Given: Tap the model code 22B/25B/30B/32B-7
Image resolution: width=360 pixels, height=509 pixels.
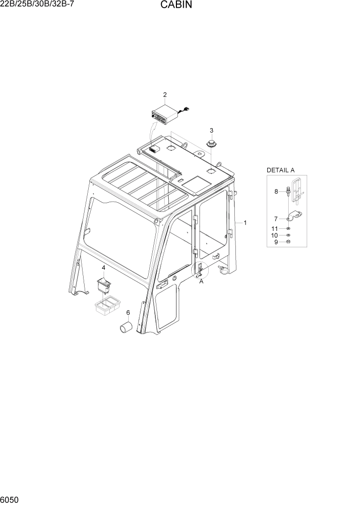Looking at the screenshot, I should (36, 5).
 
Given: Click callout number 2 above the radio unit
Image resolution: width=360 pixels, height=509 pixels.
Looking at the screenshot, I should (165, 94).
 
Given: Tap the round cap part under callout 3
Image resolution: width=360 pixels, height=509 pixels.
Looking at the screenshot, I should (211, 143).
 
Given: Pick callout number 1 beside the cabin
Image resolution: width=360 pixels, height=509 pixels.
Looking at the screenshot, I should (245, 223).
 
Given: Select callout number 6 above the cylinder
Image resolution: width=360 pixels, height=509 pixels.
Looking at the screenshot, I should (128, 312).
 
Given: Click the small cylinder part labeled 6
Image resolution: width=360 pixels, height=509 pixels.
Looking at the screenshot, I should (126, 328).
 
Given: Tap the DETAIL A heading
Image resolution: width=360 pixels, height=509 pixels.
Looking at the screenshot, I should (281, 170).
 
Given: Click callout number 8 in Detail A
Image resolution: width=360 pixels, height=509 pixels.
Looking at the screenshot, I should (276, 191).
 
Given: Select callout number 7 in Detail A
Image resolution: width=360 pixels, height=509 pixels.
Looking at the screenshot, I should (276, 218).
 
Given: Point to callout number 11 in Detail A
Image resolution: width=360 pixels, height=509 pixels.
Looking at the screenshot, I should (275, 228).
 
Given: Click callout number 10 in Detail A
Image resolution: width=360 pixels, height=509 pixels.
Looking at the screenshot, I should (275, 235).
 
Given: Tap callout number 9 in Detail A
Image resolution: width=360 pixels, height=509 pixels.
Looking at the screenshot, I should (276, 242).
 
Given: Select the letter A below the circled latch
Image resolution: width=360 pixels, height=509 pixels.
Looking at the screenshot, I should (201, 281).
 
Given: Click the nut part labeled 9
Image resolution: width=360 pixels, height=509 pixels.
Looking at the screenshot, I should (288, 242).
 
